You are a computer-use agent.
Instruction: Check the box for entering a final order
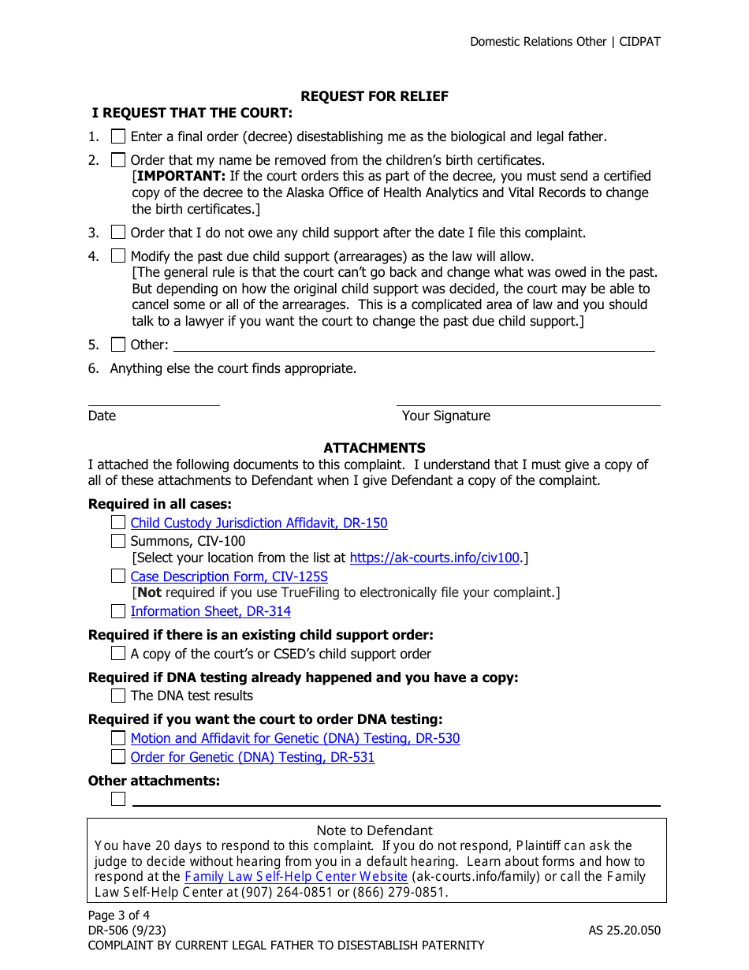point(118,136)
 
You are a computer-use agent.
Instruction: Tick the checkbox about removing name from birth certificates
point(118,160)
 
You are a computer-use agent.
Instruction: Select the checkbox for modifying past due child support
point(118,256)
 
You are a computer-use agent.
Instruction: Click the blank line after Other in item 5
point(414,345)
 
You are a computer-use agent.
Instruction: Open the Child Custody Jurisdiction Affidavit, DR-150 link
point(259,523)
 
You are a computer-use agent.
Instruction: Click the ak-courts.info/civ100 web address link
point(434,558)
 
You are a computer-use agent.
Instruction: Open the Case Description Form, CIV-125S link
point(229,576)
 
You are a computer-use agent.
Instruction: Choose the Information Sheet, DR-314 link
point(211,611)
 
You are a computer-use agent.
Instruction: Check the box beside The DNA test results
point(118,696)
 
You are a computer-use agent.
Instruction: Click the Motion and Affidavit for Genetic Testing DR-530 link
point(295,738)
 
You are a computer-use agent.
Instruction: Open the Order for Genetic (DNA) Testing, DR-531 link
point(252,757)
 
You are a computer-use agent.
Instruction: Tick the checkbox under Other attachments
point(118,799)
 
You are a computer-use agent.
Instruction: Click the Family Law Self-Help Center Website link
point(296,876)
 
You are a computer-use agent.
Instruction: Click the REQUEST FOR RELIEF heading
point(374,96)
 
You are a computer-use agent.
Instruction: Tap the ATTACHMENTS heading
point(374,448)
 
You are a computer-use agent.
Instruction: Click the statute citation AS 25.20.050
point(624,931)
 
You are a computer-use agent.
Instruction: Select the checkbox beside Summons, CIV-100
point(118,541)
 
